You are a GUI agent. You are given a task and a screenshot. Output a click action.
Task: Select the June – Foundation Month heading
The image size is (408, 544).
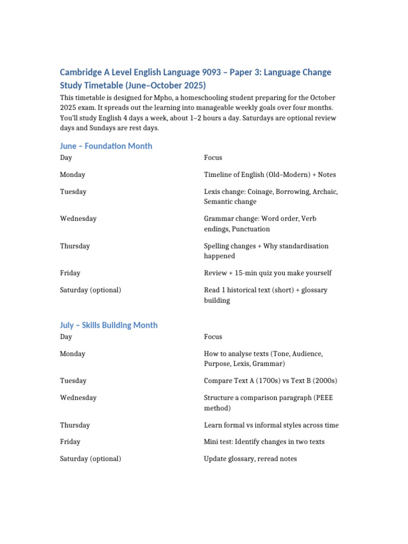tap(106, 146)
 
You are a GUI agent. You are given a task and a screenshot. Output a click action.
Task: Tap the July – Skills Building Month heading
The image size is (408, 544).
tap(108, 325)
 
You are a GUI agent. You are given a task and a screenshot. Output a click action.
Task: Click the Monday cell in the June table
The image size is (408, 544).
tap(72, 175)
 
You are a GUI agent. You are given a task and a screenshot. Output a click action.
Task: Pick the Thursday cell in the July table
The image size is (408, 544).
tap(75, 425)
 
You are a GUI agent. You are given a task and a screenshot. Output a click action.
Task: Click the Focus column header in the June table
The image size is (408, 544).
tap(213, 158)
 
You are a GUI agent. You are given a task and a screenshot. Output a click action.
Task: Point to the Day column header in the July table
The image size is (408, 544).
tap(66, 337)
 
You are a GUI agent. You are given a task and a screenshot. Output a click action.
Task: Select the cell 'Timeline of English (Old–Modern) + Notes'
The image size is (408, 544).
tap(270, 175)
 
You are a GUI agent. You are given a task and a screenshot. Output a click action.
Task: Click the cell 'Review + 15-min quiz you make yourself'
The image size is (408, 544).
tap(268, 273)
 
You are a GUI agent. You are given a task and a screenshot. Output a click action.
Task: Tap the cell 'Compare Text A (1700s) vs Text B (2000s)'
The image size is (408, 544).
tap(270, 381)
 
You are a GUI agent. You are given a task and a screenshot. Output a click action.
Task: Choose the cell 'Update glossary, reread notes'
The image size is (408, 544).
tap(250, 458)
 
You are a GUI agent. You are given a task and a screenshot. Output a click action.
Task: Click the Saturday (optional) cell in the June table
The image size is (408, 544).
tap(90, 290)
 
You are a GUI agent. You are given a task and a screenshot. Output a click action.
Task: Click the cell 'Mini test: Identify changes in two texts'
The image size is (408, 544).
tap(264, 441)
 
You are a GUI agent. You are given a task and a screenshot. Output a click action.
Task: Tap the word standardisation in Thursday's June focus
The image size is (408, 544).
tap(303, 246)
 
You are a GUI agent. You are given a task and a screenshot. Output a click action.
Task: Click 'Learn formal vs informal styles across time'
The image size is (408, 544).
tap(271, 425)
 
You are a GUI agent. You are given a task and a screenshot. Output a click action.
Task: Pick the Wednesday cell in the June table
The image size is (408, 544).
tap(78, 219)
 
